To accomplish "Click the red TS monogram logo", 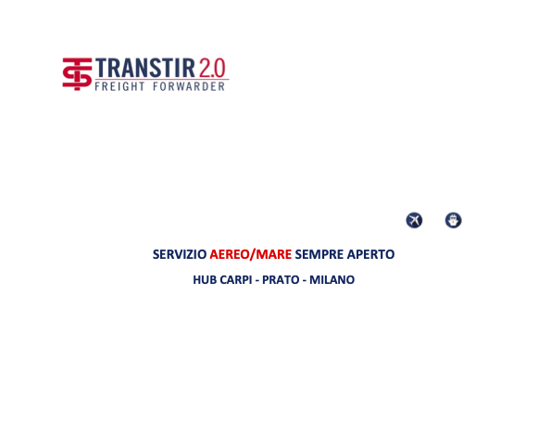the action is [77, 74].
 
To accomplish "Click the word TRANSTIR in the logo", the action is [145, 68].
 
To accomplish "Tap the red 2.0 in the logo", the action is [212, 68].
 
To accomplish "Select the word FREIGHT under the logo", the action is [119, 86].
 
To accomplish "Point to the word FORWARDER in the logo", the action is [189, 86].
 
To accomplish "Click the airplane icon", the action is [414, 220].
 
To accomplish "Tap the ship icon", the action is [454, 220].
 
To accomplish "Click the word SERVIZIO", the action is [180, 254].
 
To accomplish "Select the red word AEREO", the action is [230, 254].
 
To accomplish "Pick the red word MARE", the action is [273, 254].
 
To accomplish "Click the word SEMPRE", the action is [319, 254].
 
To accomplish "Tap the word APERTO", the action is [370, 254].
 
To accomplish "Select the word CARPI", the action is [236, 280].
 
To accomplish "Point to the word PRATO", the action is [281, 280].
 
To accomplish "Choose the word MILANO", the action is [332, 280].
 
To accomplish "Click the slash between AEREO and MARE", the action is [252, 254].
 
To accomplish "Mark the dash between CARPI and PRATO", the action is [257, 281].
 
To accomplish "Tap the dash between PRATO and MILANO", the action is [305, 281].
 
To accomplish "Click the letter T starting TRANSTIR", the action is [101, 68].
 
